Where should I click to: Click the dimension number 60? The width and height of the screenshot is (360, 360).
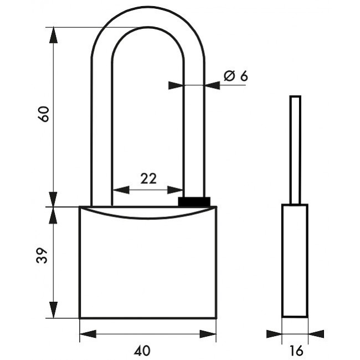43,114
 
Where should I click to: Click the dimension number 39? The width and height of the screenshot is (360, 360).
42,255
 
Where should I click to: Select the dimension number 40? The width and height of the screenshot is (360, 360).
142,351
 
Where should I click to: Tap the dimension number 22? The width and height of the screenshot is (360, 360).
148,179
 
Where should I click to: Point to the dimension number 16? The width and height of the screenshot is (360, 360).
296,351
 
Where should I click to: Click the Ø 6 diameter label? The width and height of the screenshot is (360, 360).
236,76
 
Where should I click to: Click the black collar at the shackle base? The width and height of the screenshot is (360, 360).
194,202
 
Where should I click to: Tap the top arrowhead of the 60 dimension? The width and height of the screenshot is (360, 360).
53,35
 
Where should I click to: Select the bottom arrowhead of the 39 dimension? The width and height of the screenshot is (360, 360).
53,310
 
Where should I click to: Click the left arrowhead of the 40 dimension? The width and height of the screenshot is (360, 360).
88,334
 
